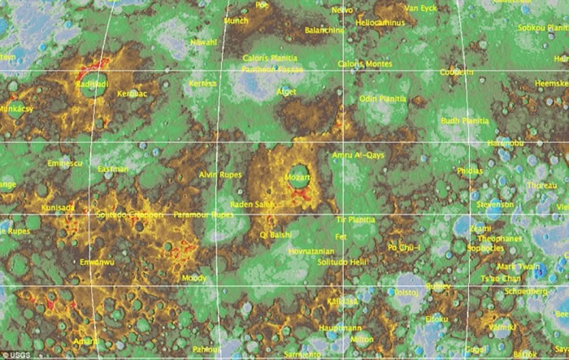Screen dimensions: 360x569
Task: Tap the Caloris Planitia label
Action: coord(270,59)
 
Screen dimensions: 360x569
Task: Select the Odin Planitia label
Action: coord(382,98)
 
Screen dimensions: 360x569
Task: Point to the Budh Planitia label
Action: coord(464,121)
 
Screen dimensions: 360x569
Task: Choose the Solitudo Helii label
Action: coord(343,262)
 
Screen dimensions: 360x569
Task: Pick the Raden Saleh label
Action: coord(253,204)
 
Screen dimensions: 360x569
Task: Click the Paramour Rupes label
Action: coord(203,215)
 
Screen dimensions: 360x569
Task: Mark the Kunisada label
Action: coord(59,208)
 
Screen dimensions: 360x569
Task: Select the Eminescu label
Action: coord(66,163)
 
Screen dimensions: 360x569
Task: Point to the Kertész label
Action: coord(202,84)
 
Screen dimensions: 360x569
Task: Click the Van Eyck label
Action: coord(420,8)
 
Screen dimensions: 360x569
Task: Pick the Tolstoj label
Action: coord(406,291)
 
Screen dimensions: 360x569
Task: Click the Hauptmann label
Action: coord(341,327)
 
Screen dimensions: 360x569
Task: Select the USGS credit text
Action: coord(15,355)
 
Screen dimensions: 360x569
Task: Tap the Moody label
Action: coord(194,277)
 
